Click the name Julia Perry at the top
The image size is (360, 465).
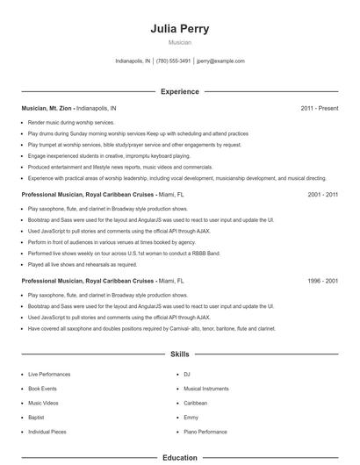pyautogui.click(x=180, y=28)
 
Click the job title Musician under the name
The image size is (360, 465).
pyautogui.click(x=180, y=42)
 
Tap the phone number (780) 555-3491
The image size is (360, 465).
pyautogui.click(x=174, y=61)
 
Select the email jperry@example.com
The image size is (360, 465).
pyautogui.click(x=220, y=61)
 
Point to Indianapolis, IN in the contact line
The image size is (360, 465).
pyautogui.click(x=133, y=61)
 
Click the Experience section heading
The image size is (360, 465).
pyautogui.click(x=180, y=91)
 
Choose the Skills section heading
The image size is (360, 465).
pyautogui.click(x=180, y=354)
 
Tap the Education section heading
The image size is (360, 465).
pyautogui.click(x=180, y=457)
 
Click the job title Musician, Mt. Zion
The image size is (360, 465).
pyautogui.click(x=47, y=108)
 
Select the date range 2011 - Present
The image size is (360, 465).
pyautogui.click(x=319, y=108)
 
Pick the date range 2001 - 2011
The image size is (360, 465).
pyautogui.click(x=322, y=194)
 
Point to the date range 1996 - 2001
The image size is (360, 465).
pyautogui.click(x=322, y=281)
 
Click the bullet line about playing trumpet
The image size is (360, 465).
pyautogui.click(x=134, y=145)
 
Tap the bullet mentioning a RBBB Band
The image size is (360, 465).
pyautogui.click(x=123, y=253)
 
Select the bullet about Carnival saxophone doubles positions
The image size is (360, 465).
pyautogui.click(x=151, y=328)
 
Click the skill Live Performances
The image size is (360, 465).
pyautogui.click(x=48, y=374)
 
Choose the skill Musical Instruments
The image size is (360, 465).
pyautogui.click(x=205, y=388)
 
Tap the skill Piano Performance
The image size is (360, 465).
pyautogui.click(x=205, y=432)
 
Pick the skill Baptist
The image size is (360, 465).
pyautogui.click(x=37, y=417)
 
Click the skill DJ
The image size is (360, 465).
pyautogui.click(x=187, y=374)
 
